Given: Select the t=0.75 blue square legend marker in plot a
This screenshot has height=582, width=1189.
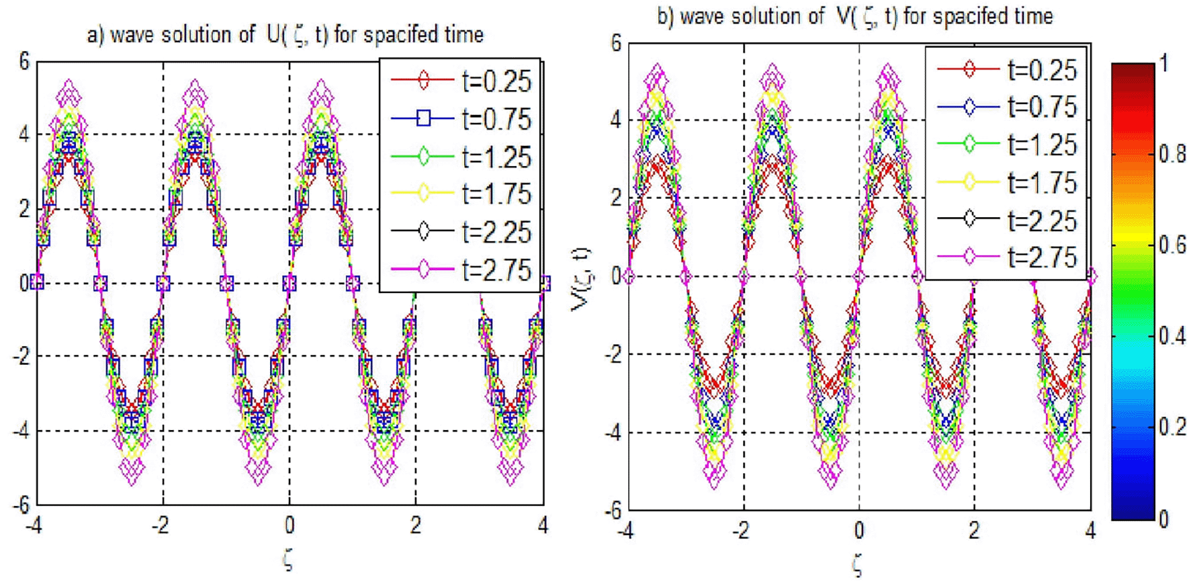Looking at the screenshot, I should pyautogui.click(x=423, y=119).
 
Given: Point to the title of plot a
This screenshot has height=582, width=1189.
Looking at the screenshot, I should pyautogui.click(x=285, y=35).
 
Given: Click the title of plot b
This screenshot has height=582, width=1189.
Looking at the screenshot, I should pyautogui.click(x=854, y=16).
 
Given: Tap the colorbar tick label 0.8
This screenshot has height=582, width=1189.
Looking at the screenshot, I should pyautogui.click(x=1172, y=155).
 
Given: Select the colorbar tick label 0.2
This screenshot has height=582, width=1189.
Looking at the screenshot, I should pyautogui.click(x=1172, y=427).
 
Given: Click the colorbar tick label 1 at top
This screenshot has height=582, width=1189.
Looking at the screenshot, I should pyautogui.click(x=1164, y=64).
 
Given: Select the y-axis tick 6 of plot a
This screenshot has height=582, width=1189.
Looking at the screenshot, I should pyautogui.click(x=25, y=62).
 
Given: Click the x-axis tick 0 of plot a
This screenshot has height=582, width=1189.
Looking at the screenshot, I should pyautogui.click(x=289, y=525).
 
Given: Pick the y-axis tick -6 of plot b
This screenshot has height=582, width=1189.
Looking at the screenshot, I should pyautogui.click(x=613, y=511).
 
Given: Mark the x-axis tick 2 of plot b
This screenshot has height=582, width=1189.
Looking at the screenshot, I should pyautogui.click(x=974, y=531).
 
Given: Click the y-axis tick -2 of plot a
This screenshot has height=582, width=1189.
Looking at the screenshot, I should pyautogui.click(x=21, y=356).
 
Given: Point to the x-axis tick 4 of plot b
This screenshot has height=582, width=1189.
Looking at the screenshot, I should pyautogui.click(x=1090, y=531).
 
